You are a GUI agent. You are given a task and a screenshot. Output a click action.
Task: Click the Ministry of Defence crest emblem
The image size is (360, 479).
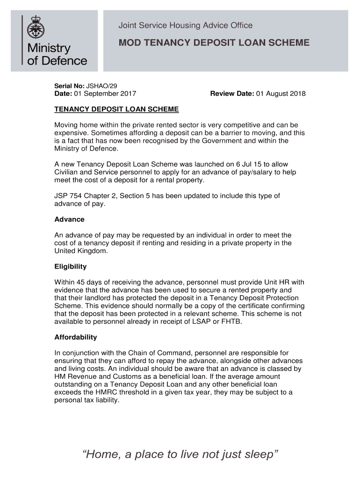click(x=35, y=28)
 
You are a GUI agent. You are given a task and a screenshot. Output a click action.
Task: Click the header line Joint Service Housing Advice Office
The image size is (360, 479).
click(x=185, y=25)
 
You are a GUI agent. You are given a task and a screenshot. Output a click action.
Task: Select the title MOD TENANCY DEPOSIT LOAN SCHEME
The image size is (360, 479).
click(x=214, y=43)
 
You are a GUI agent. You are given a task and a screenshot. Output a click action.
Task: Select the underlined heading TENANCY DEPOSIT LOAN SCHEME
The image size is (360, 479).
click(x=116, y=109)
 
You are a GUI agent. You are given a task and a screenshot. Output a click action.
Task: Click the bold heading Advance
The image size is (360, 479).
click(x=69, y=219)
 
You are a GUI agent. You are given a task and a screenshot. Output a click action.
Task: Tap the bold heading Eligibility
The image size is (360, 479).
click(x=71, y=266)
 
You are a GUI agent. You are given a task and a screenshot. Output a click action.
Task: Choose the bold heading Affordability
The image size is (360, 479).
click(x=75, y=337)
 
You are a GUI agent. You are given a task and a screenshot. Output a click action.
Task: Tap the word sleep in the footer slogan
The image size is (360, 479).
click(x=258, y=454)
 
